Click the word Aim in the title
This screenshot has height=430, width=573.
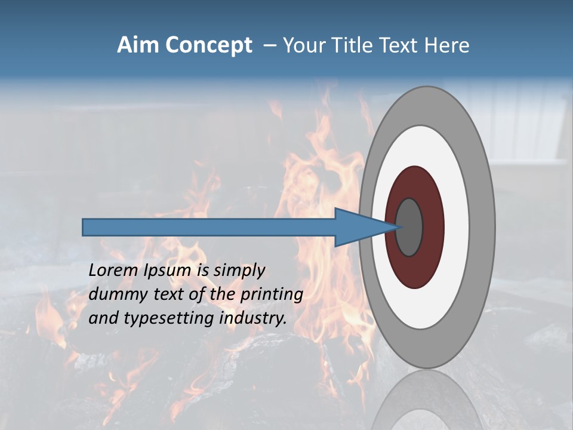click(137, 45)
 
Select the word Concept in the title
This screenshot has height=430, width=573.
click(208, 46)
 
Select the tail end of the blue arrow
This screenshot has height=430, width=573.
click(85, 227)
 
